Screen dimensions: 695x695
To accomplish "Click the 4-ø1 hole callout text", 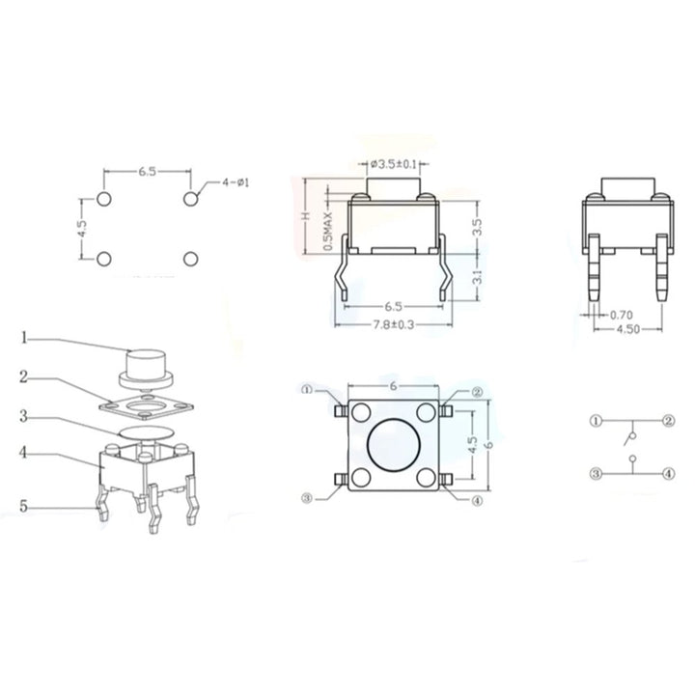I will tap(236, 182).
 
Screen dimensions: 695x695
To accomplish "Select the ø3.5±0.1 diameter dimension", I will tap(392, 165).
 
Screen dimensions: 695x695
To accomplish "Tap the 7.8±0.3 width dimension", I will tap(392, 323).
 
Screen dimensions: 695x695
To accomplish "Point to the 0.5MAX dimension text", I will tap(328, 231).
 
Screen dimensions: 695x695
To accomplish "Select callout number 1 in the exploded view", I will tap(27, 338).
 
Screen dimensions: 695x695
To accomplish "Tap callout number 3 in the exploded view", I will tap(27, 417).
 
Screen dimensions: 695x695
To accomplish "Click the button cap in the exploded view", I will tap(143, 366).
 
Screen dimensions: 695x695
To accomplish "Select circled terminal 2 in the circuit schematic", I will tap(668, 421).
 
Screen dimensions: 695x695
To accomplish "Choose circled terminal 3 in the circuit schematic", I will tap(596, 473).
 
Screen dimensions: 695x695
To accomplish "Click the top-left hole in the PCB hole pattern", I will tap(105, 200).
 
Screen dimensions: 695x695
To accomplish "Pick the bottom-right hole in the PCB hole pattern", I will tap(190, 259).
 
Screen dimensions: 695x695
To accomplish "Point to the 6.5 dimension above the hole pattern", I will tap(147, 173).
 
